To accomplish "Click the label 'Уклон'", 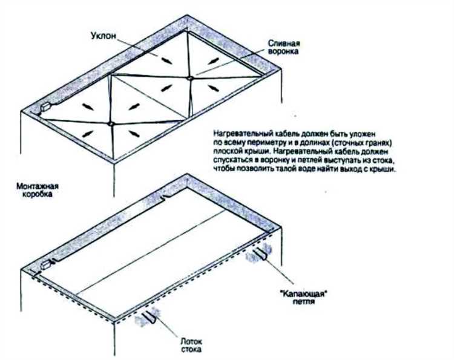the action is pos(104,36).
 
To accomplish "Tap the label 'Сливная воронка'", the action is pos(283,47).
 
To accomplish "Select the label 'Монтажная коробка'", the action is pos(38,190).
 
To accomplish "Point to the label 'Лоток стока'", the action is pos(192,345).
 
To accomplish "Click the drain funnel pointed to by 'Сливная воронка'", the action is pos(190,78).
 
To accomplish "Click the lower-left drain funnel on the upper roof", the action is pos(110,124).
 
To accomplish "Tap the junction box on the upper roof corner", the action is pos(46,106).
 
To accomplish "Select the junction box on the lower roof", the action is pos(47,264).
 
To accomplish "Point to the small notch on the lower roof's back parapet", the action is pos(164,198).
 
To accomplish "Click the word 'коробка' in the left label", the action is pos(38,194).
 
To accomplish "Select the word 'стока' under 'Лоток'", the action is pos(192,349).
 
